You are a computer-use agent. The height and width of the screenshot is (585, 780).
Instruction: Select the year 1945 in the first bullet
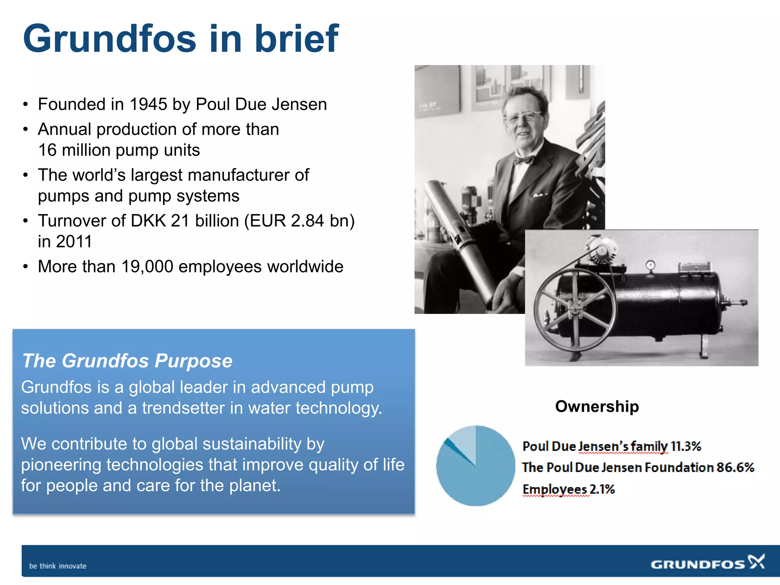point(148,104)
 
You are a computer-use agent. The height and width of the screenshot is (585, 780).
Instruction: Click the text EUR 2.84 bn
point(299,221)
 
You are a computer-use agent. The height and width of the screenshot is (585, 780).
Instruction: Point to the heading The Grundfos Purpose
point(127,361)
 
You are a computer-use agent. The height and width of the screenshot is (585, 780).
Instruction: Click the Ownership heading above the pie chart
point(597,406)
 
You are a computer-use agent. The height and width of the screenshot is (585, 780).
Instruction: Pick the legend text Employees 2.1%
point(568,489)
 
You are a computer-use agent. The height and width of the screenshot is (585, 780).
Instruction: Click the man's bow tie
point(523,160)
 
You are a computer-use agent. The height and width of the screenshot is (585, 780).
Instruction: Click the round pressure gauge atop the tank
point(651,264)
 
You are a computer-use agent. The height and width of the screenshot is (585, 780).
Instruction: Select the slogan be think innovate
point(58,566)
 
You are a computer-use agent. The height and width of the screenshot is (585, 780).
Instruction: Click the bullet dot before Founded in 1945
point(26,105)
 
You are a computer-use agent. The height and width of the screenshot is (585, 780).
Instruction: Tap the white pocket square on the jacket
point(539,195)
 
